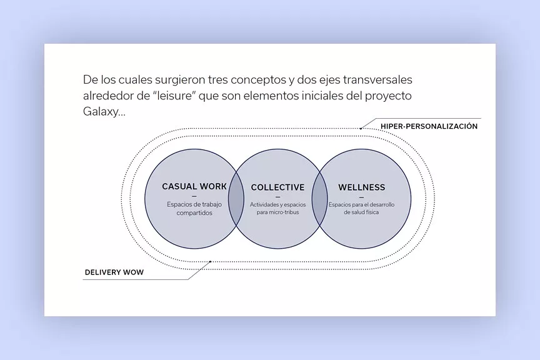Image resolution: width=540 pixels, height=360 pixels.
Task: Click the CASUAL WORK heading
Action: pos(194,186)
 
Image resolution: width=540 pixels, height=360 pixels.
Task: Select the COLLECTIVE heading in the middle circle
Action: pos(277,187)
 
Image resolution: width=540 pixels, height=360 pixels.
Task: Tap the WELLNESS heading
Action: pos(361,187)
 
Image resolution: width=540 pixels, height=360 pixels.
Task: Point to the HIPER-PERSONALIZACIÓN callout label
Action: pos(429,126)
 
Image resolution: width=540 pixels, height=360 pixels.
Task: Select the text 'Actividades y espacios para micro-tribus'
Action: pos(277,208)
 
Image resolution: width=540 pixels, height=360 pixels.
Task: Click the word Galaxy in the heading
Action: pos(99,112)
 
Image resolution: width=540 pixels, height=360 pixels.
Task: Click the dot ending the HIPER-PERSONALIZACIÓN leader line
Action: pos(361,128)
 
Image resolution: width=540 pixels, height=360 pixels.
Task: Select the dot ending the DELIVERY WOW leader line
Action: pos(211,261)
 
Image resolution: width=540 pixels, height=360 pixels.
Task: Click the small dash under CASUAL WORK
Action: pos(194,196)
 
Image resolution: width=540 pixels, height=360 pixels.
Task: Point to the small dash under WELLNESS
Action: pos(361,197)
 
